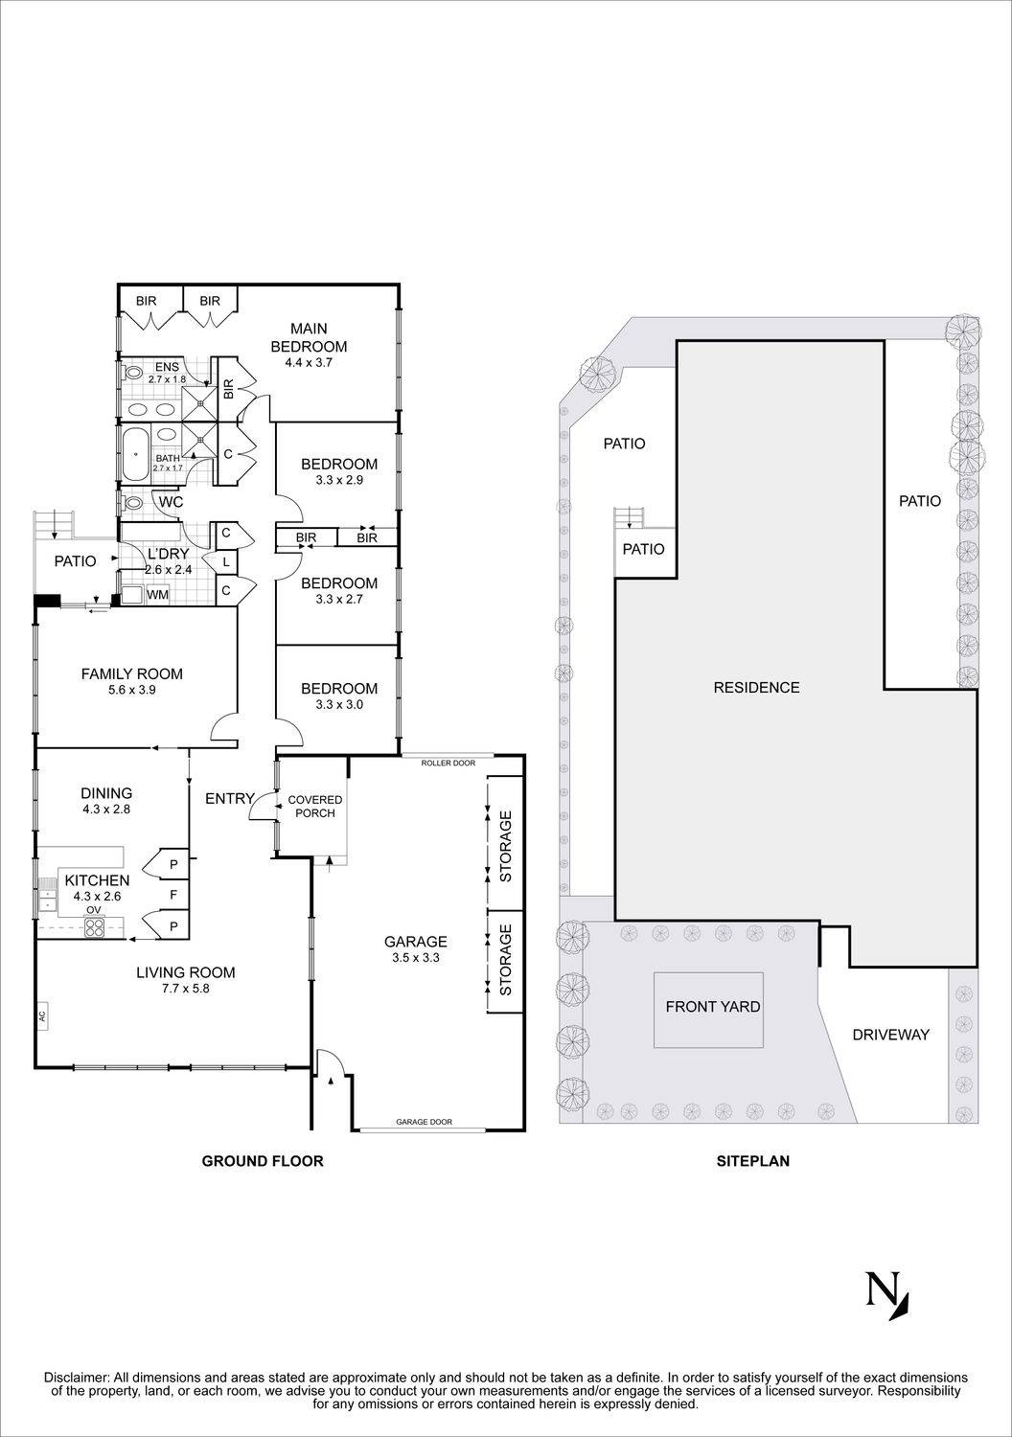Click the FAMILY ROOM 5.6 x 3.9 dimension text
tap(131, 690)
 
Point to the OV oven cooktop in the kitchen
tap(95, 926)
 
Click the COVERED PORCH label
tap(315, 807)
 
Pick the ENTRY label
tap(230, 798)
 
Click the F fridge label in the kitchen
tap(172, 896)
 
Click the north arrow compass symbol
tap(887, 1294)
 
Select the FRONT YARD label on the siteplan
tap(713, 1006)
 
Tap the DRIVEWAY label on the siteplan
tap(890, 1035)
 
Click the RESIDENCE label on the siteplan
tap(756, 687)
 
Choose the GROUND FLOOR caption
tap(262, 1161)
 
